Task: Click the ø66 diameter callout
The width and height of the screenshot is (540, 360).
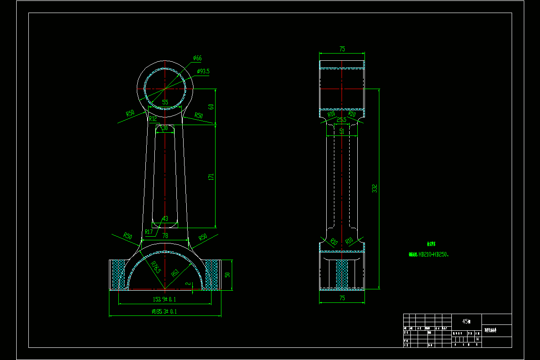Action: tap(197, 58)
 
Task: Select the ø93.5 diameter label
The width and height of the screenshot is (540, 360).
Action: tap(203, 71)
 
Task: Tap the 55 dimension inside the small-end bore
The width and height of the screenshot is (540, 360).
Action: tap(165, 102)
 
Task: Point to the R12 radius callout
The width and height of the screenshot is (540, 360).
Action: tap(153, 119)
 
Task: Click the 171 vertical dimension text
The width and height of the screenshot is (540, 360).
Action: tap(211, 177)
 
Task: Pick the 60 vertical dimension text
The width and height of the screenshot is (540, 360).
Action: tap(211, 107)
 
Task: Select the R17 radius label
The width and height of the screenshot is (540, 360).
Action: tap(149, 232)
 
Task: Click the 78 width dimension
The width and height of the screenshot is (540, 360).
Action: tap(165, 236)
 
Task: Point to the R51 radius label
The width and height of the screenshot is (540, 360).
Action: tap(175, 272)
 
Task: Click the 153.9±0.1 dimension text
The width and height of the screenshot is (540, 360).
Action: tap(165, 299)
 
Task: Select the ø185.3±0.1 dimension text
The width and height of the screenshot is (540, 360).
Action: tap(165, 311)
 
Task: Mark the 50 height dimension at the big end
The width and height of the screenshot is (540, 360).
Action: tap(227, 274)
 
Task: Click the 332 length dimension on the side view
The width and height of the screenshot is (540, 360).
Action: tap(374, 189)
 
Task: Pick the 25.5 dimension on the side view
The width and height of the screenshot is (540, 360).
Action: tap(342, 120)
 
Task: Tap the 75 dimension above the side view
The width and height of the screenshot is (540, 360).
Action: tap(342, 49)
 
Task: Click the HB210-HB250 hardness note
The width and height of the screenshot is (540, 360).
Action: tap(434, 254)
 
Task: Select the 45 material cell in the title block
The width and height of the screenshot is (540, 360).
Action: tap(466, 321)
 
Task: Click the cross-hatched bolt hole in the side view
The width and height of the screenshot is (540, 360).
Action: tap(342, 274)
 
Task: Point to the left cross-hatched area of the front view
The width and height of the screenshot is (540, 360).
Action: tap(119, 274)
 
